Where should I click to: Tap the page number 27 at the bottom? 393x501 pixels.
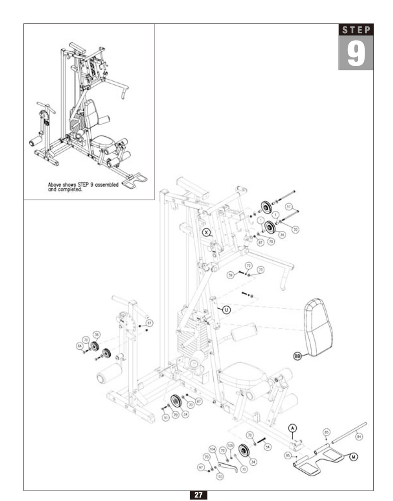(198, 495)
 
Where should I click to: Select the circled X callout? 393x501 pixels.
(206, 232)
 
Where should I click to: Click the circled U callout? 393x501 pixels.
(226, 310)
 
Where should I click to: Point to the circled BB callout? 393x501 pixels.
(297, 356)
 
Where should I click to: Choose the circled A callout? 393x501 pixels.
(292, 428)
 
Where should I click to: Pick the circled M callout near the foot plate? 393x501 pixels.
(353, 456)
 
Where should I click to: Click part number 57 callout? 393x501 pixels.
(289, 207)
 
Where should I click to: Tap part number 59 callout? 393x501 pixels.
(230, 275)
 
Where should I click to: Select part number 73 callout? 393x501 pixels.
(261, 270)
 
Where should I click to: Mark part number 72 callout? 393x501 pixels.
(249, 266)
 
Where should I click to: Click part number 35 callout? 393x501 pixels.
(97, 334)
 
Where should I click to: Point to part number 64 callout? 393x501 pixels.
(79, 346)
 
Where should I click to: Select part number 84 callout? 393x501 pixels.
(359, 436)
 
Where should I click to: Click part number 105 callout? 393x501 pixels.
(230, 446)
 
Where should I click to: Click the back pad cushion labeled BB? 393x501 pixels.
(319, 327)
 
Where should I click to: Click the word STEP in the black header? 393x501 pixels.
(356, 30)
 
